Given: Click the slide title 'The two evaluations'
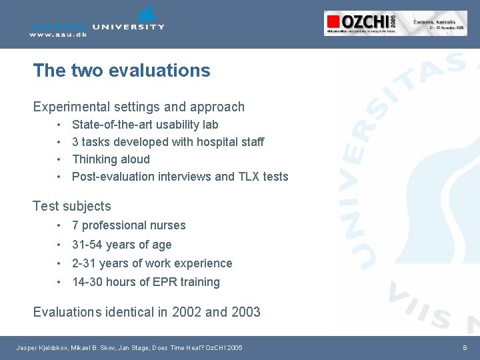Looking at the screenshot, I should pyautogui.click(x=121, y=71).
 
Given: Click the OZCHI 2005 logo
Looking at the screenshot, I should pyautogui.click(x=395, y=23).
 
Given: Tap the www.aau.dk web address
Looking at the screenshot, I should pyautogui.click(x=58, y=35).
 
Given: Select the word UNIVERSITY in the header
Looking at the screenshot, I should pyautogui.click(x=128, y=27).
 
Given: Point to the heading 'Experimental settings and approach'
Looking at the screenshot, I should pyautogui.click(x=139, y=107).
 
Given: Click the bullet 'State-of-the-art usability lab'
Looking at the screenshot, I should pyautogui.click(x=145, y=125).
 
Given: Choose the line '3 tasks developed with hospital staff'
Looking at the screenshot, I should pyautogui.click(x=167, y=142).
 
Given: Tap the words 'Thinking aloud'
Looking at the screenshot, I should pyautogui.click(x=111, y=159).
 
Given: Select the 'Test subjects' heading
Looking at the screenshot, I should pyautogui.click(x=72, y=207).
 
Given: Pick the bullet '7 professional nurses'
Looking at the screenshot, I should pyautogui.click(x=129, y=225).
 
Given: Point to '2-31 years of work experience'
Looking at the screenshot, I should pyautogui.click(x=152, y=263).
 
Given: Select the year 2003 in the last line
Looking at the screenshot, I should pyautogui.click(x=245, y=312).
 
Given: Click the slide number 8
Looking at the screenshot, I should pyautogui.click(x=465, y=348).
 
